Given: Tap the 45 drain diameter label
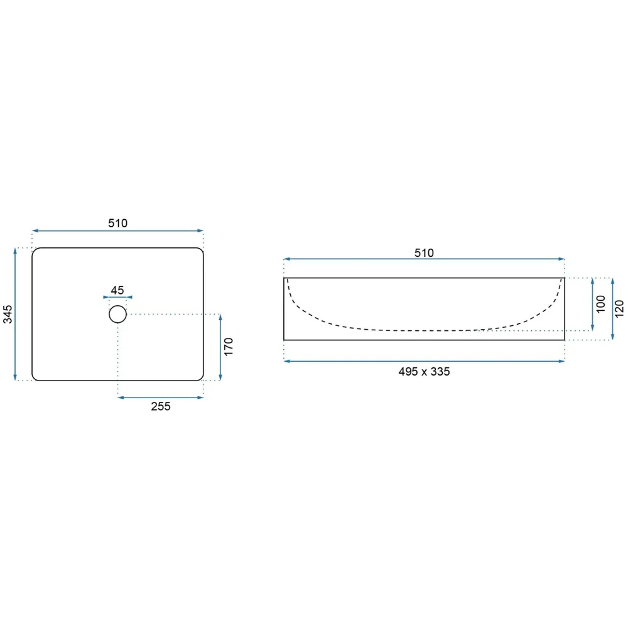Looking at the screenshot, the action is [x=117, y=290].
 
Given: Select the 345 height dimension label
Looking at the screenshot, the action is [x=8, y=314].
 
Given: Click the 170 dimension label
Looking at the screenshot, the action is [x=229, y=347].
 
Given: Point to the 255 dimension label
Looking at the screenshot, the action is [x=161, y=406].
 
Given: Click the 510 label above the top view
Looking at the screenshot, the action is [x=118, y=223].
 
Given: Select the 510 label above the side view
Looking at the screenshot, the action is [x=424, y=252].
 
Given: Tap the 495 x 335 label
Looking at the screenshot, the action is [x=424, y=372].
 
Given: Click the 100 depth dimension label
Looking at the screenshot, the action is [x=601, y=304].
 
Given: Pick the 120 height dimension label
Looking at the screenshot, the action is [x=619, y=309].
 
